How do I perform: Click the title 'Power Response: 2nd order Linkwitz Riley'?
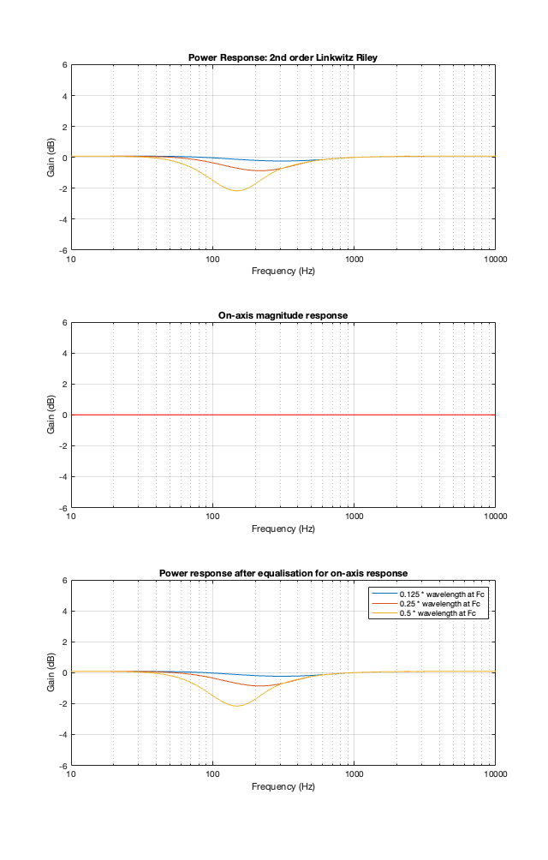coord(283,57)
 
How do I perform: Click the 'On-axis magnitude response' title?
coord(283,315)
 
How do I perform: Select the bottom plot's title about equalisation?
coord(283,573)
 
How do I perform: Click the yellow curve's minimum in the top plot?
coord(235,190)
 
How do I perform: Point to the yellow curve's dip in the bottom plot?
coord(235,706)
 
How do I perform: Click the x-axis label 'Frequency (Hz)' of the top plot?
coord(283,271)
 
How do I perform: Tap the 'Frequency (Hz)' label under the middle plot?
coord(283,529)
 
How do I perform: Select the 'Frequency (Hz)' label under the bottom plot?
coord(283,786)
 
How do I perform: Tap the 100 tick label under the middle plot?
coord(212,517)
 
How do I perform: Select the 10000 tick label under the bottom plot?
coord(494,774)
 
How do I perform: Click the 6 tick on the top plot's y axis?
coord(64,65)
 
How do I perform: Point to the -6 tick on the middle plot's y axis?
coord(63,507)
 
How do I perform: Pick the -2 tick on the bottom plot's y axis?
coord(63,703)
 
